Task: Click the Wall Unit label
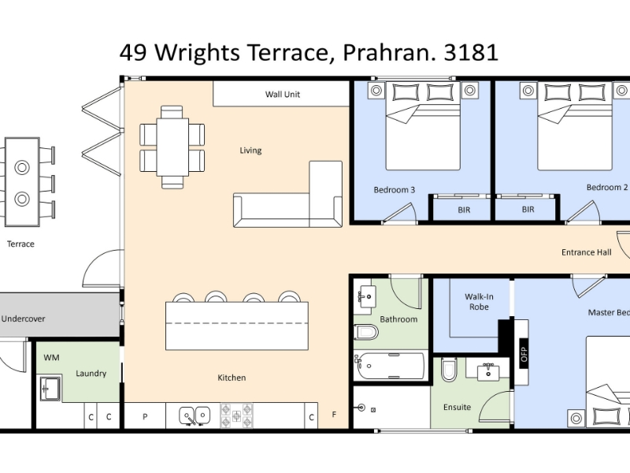click(283, 94)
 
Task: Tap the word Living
click(250, 151)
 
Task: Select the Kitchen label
click(232, 378)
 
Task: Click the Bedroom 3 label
click(395, 190)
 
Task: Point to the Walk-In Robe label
click(479, 302)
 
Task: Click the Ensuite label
click(457, 407)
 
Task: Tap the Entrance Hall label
click(586, 252)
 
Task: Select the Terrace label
click(20, 244)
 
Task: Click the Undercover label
click(23, 318)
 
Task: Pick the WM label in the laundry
click(51, 358)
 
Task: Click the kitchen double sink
click(195, 415)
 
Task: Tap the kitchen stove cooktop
click(237, 416)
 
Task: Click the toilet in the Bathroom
click(366, 332)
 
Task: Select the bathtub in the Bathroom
click(390, 366)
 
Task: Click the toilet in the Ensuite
click(449, 369)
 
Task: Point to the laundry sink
click(50, 389)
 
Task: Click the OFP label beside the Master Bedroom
click(524, 354)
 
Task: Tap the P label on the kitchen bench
click(145, 417)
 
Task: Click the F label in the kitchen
click(334, 415)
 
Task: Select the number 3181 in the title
click(471, 52)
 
